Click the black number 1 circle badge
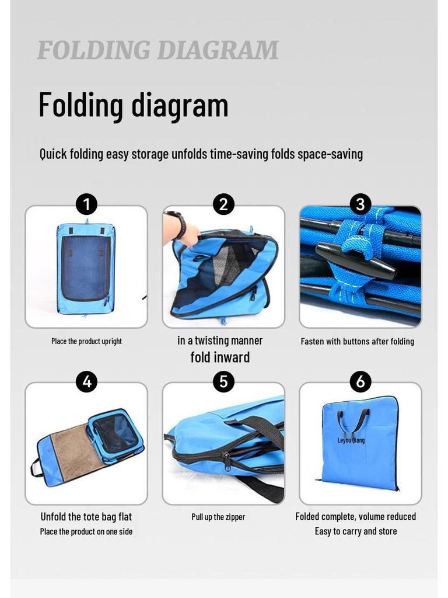point(86,204)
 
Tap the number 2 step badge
point(223,204)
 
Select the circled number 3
point(360,204)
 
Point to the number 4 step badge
point(86,382)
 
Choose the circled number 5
point(223,382)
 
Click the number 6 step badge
point(360,382)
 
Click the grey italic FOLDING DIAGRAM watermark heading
point(157,51)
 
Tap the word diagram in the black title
point(180,106)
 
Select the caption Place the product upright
point(86,341)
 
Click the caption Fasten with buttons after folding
point(357,341)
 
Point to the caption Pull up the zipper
point(218,517)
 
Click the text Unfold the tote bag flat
point(86,517)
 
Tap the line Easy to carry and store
point(356,531)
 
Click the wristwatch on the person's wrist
point(180,224)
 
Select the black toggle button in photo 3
point(356,261)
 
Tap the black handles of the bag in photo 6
point(353,419)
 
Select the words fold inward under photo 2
point(220,357)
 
